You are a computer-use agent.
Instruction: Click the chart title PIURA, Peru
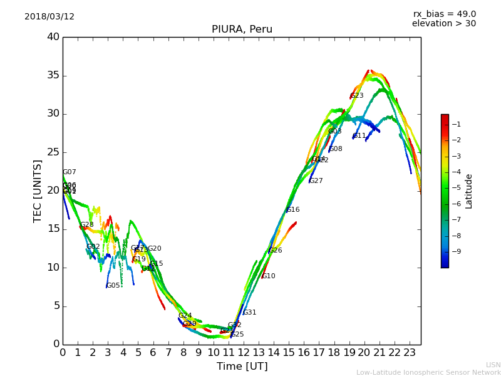coord(242,29)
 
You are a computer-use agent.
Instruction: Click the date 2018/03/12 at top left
coord(49,17)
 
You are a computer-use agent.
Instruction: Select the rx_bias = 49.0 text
coord(444,14)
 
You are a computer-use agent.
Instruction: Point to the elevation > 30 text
coord(443,24)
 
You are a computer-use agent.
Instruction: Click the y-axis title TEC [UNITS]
coord(38,191)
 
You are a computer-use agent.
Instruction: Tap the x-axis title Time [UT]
coord(242,367)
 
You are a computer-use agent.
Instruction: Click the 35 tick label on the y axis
coord(53,76)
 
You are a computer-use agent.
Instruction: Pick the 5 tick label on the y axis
coord(56,306)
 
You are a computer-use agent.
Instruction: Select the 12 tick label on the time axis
coord(244,352)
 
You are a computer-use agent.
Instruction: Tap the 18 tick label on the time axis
coord(334,352)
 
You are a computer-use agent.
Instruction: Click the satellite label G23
coord(357,96)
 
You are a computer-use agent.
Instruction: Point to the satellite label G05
coord(113,286)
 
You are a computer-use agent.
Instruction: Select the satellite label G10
coord(269,276)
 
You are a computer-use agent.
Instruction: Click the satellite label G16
coord(293,210)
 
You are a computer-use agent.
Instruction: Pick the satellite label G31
coord(250,313)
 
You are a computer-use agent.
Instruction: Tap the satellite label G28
coord(87,225)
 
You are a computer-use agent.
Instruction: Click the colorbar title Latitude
coord(469,191)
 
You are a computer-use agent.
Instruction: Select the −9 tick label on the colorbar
coord(457,252)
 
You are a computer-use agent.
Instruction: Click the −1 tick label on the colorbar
coord(457,125)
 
